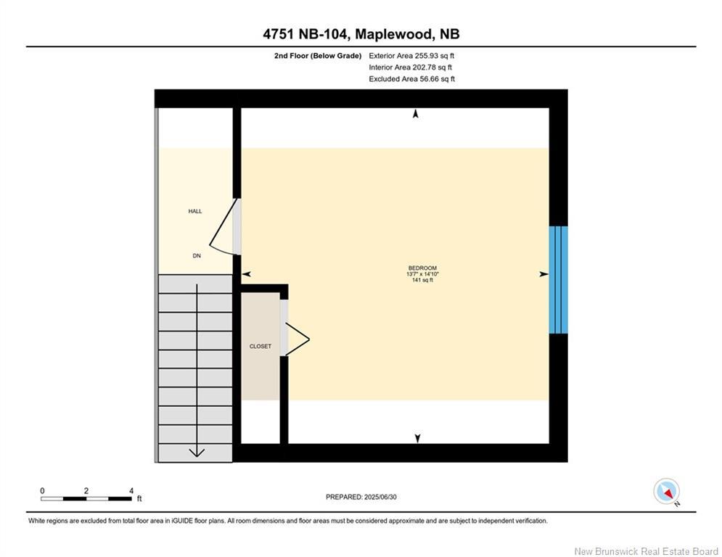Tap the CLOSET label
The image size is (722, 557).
coord(260,347)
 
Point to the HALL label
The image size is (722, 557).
coord(195,211)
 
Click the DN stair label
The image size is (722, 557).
coord(196,255)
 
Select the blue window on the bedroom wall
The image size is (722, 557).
coord(558,279)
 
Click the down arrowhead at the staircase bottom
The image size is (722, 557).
coord(196,453)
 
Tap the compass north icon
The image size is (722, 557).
coord(666,491)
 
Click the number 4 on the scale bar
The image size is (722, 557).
coord(131,490)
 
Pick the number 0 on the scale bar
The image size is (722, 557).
coord(42,490)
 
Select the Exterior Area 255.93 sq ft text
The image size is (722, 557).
coord(411,56)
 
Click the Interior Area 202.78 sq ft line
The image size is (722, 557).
coord(411,67)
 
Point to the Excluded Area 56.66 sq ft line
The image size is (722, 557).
coord(411,79)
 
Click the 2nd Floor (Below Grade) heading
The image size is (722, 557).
coord(313,56)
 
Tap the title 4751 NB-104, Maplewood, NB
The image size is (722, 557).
coord(361,34)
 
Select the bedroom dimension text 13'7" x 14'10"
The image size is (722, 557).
coord(423,274)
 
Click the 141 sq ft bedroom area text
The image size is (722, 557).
coord(422,280)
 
